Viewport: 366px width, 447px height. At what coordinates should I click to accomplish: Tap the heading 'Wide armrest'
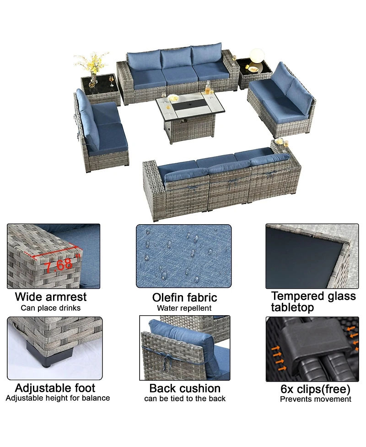point(50,296)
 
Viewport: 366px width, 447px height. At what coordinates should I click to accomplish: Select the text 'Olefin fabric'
point(184,298)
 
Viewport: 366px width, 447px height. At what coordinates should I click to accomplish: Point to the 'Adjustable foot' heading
point(55,388)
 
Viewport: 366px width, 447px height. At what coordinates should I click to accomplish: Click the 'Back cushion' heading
point(185,388)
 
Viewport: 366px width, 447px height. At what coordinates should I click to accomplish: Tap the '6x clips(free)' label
point(315,389)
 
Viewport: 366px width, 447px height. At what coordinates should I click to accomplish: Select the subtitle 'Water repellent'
point(184,308)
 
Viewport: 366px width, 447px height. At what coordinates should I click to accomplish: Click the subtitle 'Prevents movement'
point(315,399)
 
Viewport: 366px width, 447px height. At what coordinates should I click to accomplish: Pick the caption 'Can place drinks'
point(50,307)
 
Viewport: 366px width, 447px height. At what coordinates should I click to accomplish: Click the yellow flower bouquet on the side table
point(92,62)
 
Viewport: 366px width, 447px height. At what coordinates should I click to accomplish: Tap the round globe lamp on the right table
point(257,56)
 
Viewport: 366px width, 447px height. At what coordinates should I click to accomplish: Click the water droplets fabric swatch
point(183,256)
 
